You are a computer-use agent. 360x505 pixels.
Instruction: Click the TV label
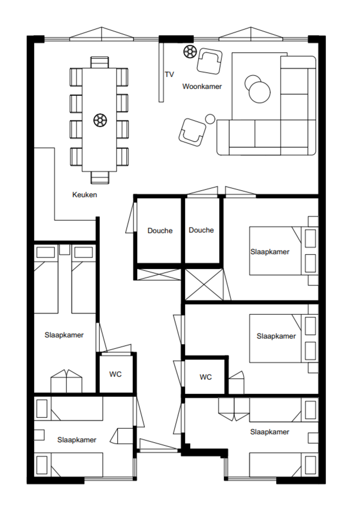pyautogui.click(x=169, y=74)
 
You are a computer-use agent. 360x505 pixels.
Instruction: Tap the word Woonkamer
pyautogui.click(x=202, y=86)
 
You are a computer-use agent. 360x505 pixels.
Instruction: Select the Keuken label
pyautogui.click(x=85, y=194)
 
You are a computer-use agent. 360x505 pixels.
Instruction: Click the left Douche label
pyautogui.click(x=160, y=231)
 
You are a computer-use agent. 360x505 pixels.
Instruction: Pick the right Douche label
pyautogui.click(x=201, y=230)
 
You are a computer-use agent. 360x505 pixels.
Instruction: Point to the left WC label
pyautogui.click(x=115, y=374)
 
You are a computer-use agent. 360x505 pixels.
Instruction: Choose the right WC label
pyautogui.click(x=206, y=377)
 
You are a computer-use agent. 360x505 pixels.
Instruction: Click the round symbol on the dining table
pyautogui.click(x=100, y=120)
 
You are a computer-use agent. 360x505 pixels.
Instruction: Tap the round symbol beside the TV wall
pyautogui.click(x=190, y=52)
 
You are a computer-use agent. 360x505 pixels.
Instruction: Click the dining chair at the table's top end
pyautogui.click(x=100, y=62)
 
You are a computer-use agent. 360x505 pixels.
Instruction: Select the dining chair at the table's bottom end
pyautogui.click(x=100, y=178)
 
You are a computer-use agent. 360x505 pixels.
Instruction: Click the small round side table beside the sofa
pyautogui.click(x=210, y=119)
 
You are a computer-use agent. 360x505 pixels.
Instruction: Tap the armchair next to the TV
pyautogui.click(x=209, y=61)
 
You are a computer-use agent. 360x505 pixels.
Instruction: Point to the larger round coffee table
pyautogui.click(x=259, y=93)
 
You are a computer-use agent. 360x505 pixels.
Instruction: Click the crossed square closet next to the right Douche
pyautogui.click(x=204, y=284)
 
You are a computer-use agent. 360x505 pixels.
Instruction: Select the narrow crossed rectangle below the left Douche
pyautogui.click(x=159, y=274)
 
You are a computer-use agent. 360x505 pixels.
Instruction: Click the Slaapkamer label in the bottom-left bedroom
pyautogui.click(x=77, y=440)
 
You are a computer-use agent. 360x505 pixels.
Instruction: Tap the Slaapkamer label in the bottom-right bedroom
pyautogui.click(x=270, y=432)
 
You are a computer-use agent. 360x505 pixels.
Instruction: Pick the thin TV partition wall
pyautogui.click(x=161, y=72)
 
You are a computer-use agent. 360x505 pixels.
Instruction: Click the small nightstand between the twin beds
pyautogui.click(x=65, y=250)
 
